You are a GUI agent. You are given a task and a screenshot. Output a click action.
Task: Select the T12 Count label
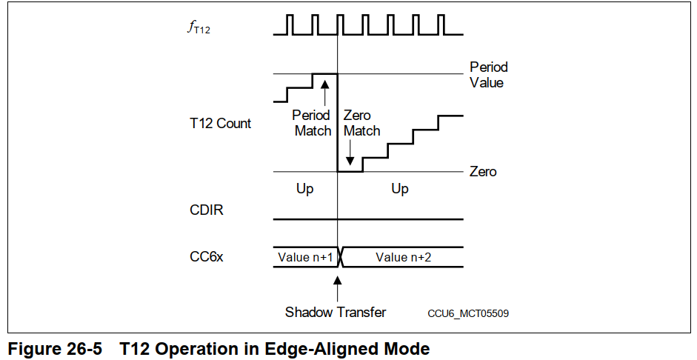pos(220,123)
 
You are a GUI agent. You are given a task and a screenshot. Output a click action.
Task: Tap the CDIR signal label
pos(207,210)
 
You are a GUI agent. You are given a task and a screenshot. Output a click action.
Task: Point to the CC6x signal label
pos(207,256)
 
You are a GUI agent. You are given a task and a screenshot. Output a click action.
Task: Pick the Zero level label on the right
pos(483,172)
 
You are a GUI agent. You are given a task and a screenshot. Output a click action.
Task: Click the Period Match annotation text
pos(312,123)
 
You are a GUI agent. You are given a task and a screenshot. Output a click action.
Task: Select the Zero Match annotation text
pos(361,123)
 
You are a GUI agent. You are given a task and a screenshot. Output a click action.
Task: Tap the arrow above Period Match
pos(324,92)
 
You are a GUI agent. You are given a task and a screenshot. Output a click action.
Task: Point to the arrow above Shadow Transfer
pos(338,288)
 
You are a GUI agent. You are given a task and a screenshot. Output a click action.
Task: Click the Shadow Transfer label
pos(335,312)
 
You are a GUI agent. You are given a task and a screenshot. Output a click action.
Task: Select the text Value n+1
pos(304,257)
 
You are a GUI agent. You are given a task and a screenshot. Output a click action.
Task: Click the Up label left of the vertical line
pos(304,189)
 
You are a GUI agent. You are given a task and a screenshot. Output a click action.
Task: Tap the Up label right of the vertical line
pos(399,189)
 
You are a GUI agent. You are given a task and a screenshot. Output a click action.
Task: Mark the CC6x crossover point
pos(339,257)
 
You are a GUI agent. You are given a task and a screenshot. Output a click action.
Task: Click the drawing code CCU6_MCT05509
pos(468,313)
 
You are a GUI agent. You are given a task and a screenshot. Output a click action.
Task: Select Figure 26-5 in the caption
pos(54,348)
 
